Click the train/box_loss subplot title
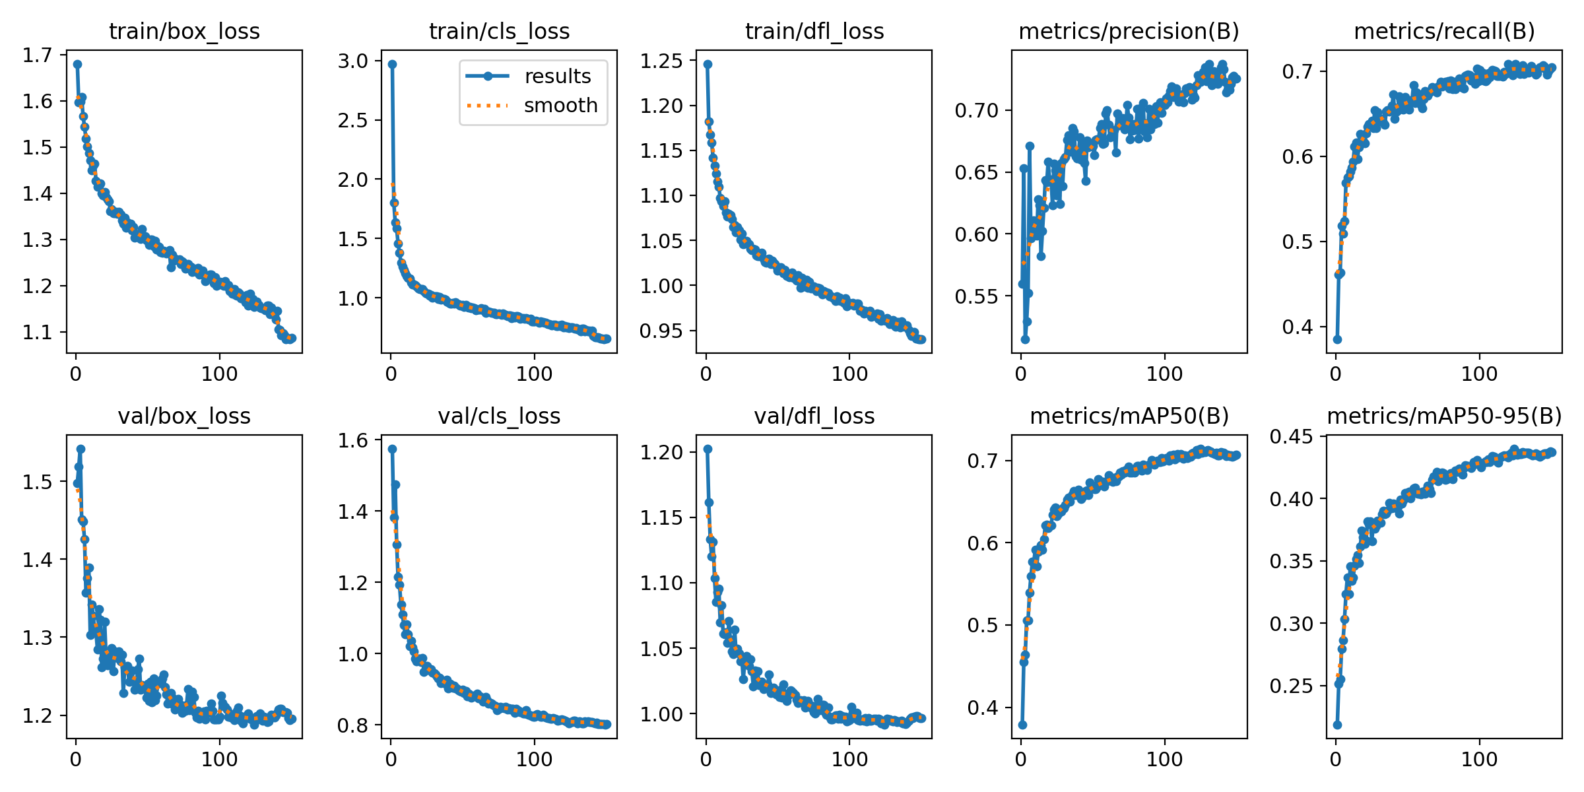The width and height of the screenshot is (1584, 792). click(x=184, y=31)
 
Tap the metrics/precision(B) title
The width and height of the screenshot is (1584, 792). click(x=1129, y=31)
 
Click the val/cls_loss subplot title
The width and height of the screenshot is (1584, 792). click(x=499, y=416)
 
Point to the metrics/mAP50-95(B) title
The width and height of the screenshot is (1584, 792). click(x=1444, y=416)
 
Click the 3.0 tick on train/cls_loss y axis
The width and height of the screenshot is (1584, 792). click(x=353, y=61)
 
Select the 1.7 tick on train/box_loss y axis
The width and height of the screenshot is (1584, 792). click(x=38, y=55)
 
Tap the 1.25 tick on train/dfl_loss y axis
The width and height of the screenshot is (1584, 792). click(x=661, y=61)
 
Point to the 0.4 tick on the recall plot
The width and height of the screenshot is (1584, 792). click(x=1298, y=327)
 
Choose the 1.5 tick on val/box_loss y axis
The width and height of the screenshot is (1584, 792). click(x=38, y=482)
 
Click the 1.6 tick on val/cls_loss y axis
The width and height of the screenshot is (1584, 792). click(x=353, y=440)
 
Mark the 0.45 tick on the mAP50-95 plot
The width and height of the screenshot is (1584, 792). click(x=1291, y=436)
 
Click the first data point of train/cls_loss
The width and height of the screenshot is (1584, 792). click(x=392, y=64)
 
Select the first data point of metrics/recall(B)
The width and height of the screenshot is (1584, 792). click(x=1337, y=339)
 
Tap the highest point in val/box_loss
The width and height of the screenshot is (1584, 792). click(x=81, y=449)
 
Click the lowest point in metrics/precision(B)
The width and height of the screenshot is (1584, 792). click(x=1025, y=339)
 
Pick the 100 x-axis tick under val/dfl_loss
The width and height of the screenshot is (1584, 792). click(x=849, y=760)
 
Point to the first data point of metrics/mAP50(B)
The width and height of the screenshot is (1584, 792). click(x=1022, y=725)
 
